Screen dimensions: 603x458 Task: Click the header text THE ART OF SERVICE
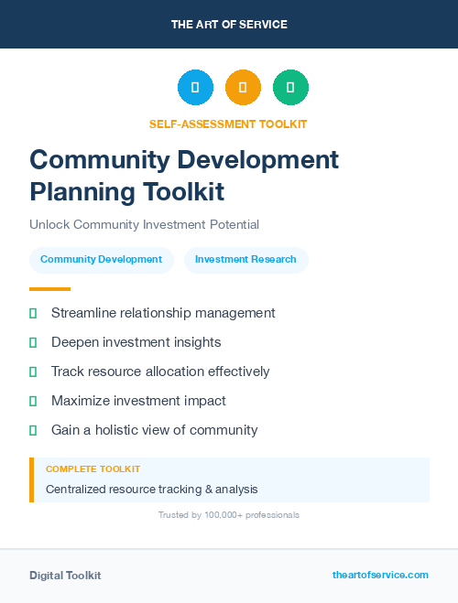[x=229, y=25]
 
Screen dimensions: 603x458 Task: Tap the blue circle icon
[x=195, y=88]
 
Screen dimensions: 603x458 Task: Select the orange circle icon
[x=243, y=88]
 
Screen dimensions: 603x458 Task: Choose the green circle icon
[x=290, y=88]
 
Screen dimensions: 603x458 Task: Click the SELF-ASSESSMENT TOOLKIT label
[x=228, y=124]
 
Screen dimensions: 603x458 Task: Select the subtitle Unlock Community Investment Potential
[x=144, y=224]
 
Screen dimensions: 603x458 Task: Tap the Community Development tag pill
[x=101, y=259]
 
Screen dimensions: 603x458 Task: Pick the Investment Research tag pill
[x=245, y=259]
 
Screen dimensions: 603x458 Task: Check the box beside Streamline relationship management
[x=33, y=313]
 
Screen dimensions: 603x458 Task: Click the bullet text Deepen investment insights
[x=136, y=342]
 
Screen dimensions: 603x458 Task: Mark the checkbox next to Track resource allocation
[x=33, y=371]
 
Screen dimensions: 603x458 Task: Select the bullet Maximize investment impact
[x=138, y=401]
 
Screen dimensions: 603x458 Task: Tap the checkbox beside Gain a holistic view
[x=33, y=430]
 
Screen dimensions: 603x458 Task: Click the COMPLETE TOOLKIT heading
[x=93, y=468]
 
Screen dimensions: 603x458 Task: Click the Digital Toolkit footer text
[x=65, y=576]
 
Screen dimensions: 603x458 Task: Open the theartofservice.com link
[x=380, y=575]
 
